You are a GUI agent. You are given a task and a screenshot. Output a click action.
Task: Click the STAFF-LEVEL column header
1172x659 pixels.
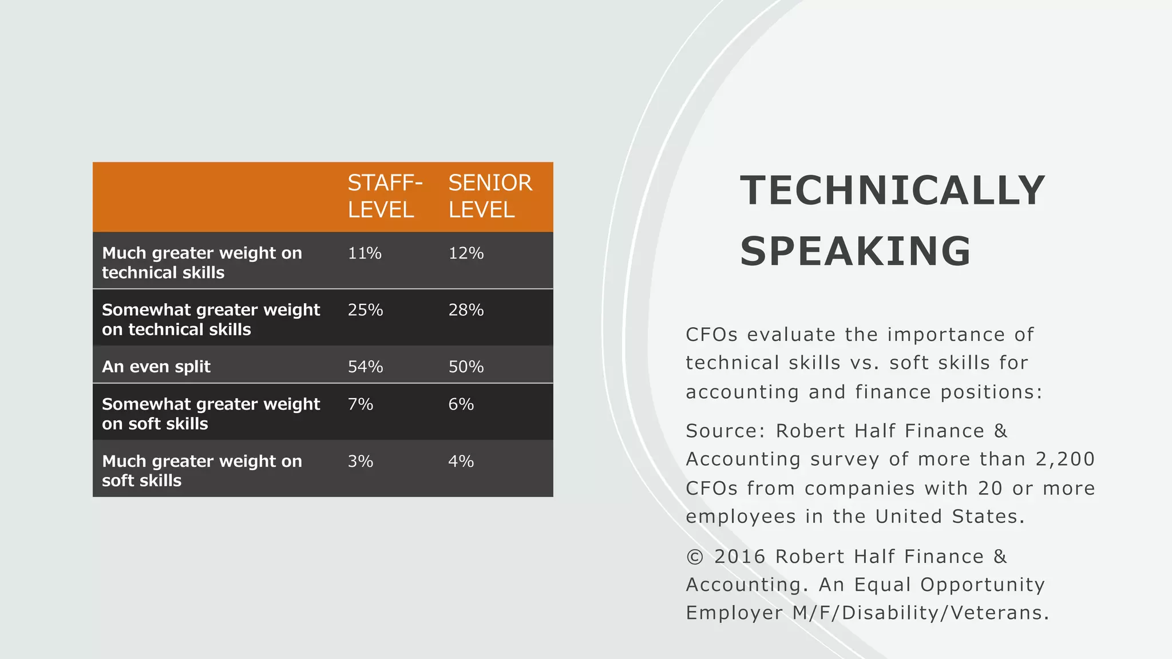(385, 196)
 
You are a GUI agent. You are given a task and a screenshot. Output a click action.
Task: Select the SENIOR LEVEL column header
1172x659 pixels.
(490, 196)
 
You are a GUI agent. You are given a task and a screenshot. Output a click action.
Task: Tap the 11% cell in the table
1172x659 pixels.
(365, 253)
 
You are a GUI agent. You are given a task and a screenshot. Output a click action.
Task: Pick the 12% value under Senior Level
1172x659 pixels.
(466, 253)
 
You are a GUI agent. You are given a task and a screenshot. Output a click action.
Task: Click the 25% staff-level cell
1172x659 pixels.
(365, 310)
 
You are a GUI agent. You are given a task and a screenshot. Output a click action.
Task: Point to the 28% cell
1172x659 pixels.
(466, 310)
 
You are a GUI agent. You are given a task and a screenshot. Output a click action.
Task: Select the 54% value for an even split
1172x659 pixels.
(365, 367)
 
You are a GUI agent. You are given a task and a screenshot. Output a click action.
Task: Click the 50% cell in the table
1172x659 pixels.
(466, 367)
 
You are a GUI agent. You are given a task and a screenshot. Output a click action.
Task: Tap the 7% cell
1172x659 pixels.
(361, 404)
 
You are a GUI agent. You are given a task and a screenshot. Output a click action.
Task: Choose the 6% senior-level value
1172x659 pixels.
(461, 404)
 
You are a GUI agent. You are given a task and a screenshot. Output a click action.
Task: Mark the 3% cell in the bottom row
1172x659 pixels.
(361, 461)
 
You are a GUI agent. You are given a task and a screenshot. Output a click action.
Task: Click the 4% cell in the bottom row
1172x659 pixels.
(461, 461)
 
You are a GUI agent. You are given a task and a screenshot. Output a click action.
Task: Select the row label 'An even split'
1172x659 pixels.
(156, 367)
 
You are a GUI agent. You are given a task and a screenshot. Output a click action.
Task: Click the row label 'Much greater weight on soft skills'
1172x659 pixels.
(201, 471)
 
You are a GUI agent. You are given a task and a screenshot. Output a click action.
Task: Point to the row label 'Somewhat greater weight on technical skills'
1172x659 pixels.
(211, 319)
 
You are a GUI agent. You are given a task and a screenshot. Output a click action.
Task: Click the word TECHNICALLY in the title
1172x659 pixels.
(893, 190)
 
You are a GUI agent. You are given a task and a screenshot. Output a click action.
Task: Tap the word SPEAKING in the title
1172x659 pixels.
(856, 251)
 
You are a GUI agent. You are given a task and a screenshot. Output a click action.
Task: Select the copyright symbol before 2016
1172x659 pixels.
(694, 557)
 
